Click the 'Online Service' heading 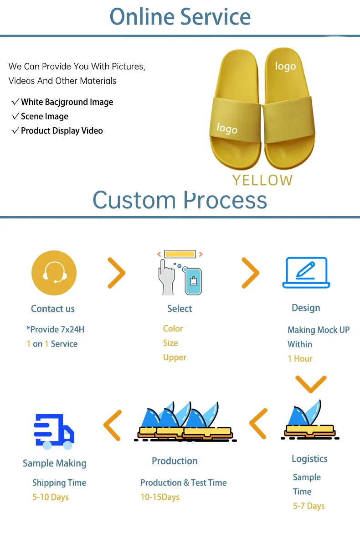point(180,16)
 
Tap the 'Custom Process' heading point(180,200)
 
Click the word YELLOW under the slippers point(262,180)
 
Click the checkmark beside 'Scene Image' point(15,116)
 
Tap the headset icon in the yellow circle point(54,273)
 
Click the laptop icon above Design point(306,273)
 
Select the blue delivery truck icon point(54,431)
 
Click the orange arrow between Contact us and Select point(116,273)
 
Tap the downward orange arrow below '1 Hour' point(311,384)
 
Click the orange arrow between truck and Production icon point(113,425)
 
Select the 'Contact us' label point(53,309)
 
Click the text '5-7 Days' point(309,506)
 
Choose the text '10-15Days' point(160,497)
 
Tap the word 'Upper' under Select point(175,358)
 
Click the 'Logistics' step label point(309,459)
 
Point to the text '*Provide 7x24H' point(55,329)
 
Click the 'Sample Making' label point(55,463)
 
